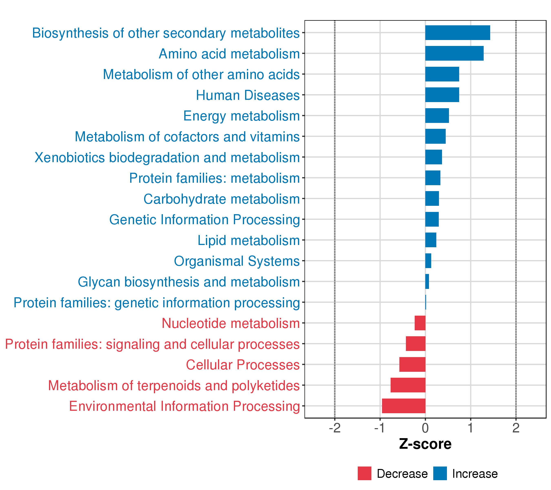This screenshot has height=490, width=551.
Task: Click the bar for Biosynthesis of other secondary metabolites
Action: (x=458, y=33)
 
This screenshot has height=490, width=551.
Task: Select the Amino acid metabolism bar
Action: (x=454, y=53)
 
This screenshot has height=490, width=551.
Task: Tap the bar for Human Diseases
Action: (x=442, y=95)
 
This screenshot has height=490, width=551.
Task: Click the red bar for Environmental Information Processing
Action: (x=403, y=406)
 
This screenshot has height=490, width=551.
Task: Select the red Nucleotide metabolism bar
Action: (x=420, y=323)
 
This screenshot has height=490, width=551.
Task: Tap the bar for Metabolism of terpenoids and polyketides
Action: (x=408, y=385)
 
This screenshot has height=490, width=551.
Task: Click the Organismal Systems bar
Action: (x=428, y=261)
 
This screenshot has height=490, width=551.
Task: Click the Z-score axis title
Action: (x=425, y=444)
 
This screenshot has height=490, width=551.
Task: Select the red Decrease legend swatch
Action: (x=364, y=473)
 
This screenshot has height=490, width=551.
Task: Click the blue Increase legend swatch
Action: (x=440, y=473)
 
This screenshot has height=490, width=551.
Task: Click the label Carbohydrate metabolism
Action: (x=222, y=199)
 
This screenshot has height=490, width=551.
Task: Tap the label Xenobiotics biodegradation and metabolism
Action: (x=167, y=157)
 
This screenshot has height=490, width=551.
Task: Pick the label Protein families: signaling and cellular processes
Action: (x=152, y=344)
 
